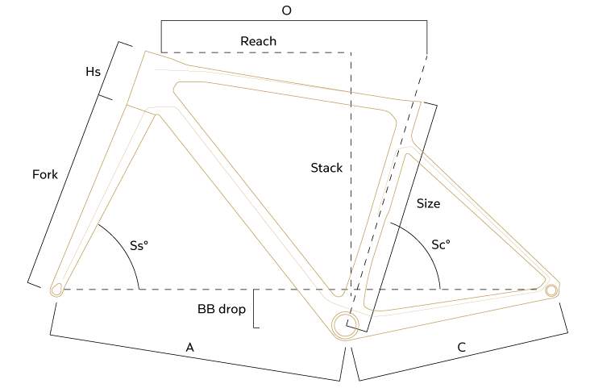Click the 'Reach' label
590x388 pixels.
[258, 41]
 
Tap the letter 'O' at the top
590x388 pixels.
[287, 10]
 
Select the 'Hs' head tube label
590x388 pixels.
[93, 72]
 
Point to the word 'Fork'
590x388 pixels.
[44, 174]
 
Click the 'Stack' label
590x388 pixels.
[326, 169]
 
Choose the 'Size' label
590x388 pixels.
[428, 204]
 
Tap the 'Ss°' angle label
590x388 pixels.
[140, 245]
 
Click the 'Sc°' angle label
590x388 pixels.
[441, 244]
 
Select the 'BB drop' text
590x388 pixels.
[218, 309]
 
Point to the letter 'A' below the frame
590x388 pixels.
[190, 347]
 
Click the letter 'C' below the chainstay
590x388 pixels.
[461, 348]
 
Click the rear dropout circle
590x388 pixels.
[551, 290]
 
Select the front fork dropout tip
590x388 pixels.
[56, 289]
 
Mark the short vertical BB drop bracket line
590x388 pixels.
[255, 309]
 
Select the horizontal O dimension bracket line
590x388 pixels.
[294, 22]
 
